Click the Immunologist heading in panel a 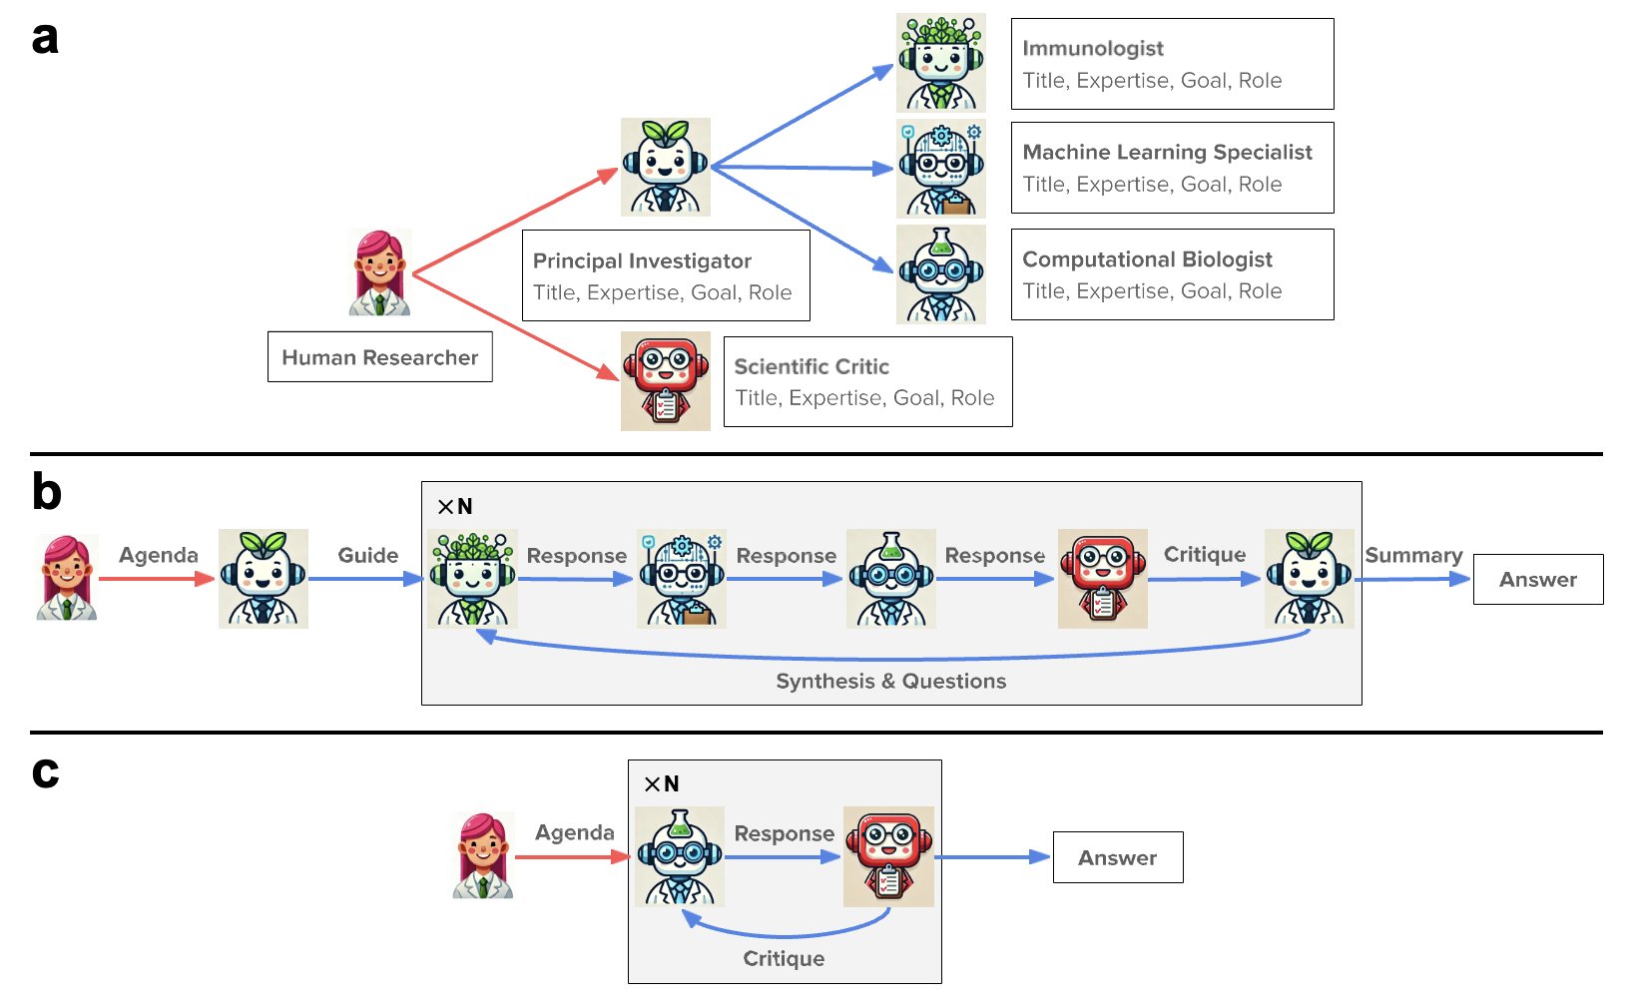click(x=1092, y=49)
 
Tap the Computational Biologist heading click(x=1147, y=259)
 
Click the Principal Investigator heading click(x=642, y=260)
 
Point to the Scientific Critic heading click(x=812, y=367)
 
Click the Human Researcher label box click(x=380, y=357)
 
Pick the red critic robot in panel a click(x=666, y=381)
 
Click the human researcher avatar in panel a click(x=380, y=273)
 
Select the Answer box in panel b click(x=1538, y=580)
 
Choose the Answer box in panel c click(x=1118, y=858)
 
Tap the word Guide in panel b click(x=368, y=556)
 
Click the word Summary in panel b click(x=1413, y=556)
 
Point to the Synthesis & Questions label click(x=891, y=682)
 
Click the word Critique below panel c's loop click(x=784, y=959)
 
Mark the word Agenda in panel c click(x=575, y=833)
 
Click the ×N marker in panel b click(x=455, y=506)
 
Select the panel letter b click(x=47, y=491)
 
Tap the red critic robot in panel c click(x=888, y=856)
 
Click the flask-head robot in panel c click(x=680, y=856)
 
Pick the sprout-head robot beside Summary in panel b click(x=1309, y=579)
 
